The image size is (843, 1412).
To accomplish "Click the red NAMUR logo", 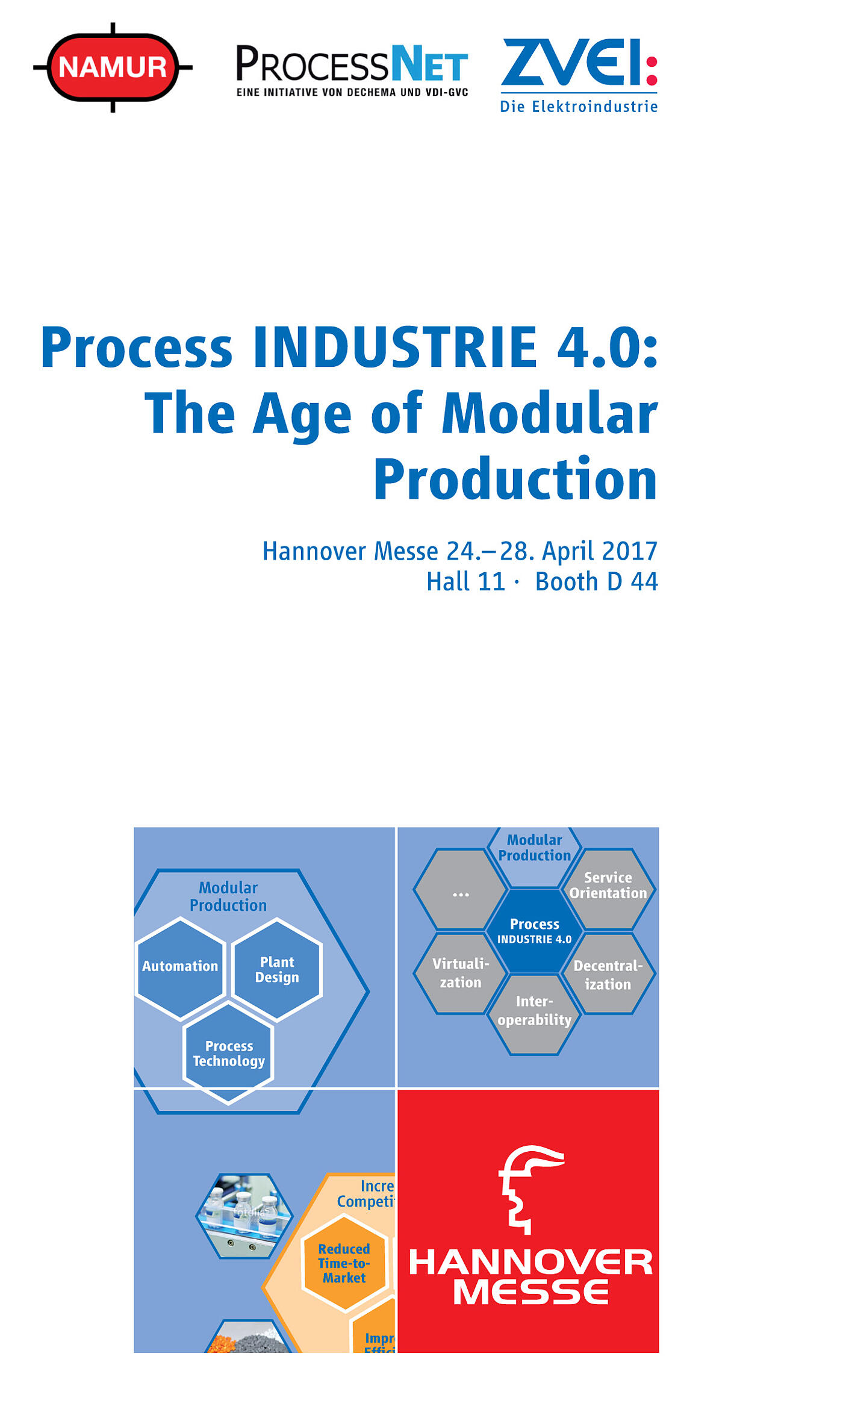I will [113, 67].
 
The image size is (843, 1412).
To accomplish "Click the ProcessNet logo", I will [352, 70].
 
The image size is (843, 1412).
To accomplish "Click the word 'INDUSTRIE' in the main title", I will [394, 348].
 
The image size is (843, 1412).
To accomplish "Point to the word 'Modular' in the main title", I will [549, 414].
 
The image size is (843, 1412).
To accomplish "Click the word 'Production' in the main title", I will [515, 480].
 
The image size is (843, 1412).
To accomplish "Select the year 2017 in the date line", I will [629, 551].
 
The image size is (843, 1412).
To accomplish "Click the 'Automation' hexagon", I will [180, 966].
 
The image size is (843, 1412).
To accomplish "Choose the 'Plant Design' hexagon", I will [277, 969].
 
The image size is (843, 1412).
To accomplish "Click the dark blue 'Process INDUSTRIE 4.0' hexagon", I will [534, 931].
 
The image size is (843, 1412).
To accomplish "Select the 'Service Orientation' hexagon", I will [608, 886].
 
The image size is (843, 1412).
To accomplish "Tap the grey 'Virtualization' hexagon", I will [461, 973].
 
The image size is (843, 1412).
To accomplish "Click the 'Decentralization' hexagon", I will [608, 974].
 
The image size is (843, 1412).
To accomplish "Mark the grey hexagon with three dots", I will [461, 890].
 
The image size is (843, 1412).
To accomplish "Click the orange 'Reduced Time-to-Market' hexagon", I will [344, 1263].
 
